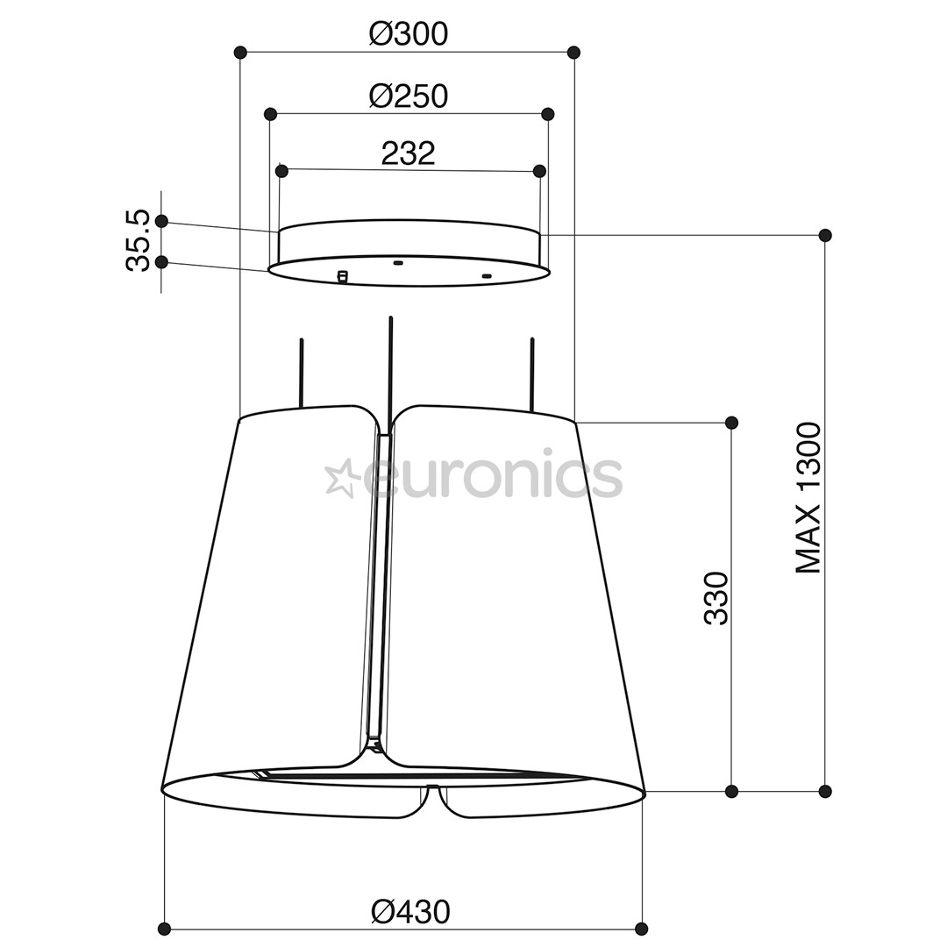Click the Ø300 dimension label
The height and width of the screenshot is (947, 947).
(409, 34)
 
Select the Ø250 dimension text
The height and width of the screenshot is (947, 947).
(409, 96)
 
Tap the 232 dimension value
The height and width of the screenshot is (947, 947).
(409, 153)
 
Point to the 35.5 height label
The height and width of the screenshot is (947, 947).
(138, 240)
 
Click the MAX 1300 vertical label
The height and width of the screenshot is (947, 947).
(808, 498)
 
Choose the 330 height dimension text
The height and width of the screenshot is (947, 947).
(717, 598)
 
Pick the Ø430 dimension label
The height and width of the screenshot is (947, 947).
(410, 912)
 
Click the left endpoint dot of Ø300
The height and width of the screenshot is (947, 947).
(240, 52)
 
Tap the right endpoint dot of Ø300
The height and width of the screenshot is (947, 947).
(574, 52)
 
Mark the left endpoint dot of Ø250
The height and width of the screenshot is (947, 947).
(271, 113)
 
